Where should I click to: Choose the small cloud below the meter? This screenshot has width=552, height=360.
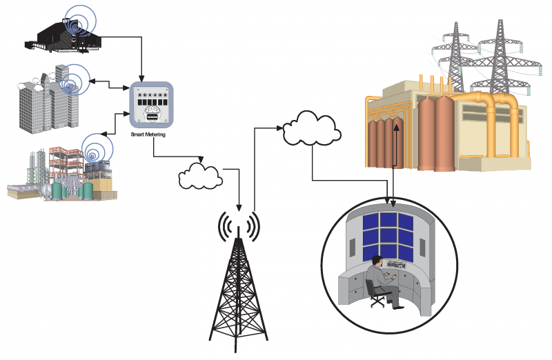pyautogui.click(x=200, y=175)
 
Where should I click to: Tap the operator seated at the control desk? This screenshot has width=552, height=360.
pyautogui.click(x=379, y=276)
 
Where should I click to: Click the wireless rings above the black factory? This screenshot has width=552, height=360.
pyautogui.click(x=77, y=21)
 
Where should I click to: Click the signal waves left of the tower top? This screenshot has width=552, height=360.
pyautogui.click(x=224, y=226)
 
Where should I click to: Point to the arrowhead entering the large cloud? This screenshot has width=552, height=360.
pyautogui.click(x=282, y=127)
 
